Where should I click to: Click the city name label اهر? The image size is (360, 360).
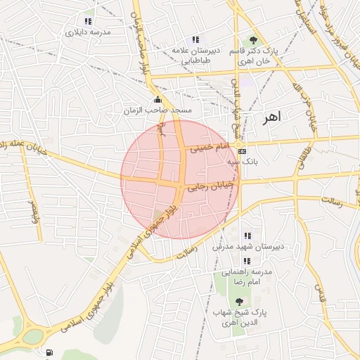click(270, 117)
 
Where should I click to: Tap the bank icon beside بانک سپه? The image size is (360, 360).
click(243, 151)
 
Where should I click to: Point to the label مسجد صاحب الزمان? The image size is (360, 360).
click(153, 111)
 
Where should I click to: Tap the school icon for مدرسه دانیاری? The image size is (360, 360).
click(88, 21)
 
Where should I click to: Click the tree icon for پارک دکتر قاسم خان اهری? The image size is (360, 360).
click(253, 39)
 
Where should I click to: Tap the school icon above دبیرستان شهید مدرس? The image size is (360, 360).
click(247, 236)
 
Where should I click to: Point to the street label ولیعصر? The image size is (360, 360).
click(33, 212)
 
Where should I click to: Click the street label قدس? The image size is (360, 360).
click(321, 289)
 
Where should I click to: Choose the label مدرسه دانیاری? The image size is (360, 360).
click(89, 32)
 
